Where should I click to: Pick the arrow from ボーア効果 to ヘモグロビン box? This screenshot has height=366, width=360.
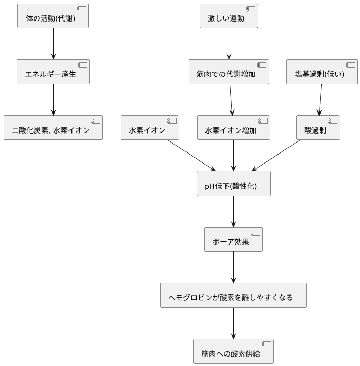(x=233, y=268)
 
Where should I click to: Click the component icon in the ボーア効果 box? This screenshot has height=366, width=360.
(x=255, y=233)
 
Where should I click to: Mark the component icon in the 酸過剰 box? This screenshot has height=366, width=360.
(x=333, y=121)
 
